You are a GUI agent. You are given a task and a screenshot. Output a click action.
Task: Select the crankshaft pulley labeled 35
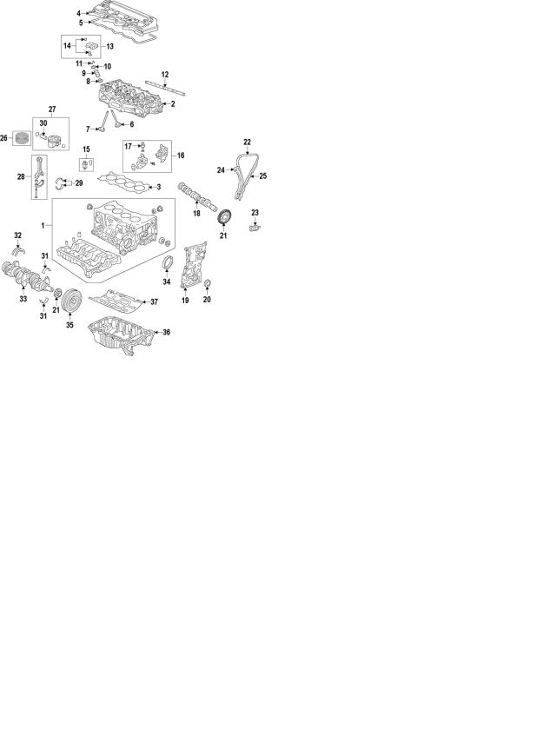tap(72, 301)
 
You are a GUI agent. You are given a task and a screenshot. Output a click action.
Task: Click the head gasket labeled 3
tap(125, 183)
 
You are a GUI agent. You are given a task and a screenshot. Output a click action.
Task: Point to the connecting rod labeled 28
tap(39, 176)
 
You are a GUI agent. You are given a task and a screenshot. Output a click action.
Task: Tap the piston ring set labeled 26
tap(21, 138)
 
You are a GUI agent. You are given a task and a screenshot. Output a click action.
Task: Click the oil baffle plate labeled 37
tap(116, 301)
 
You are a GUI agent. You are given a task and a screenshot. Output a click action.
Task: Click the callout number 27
tap(52, 109)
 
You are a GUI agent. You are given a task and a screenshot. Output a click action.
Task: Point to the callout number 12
tap(165, 75)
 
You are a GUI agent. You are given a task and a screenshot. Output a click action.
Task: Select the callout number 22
tap(247, 142)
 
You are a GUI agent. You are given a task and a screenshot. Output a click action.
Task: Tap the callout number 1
tap(43, 226)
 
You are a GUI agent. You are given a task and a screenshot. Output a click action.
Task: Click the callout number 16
tap(181, 156)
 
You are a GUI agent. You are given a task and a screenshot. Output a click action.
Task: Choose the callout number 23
tap(255, 213)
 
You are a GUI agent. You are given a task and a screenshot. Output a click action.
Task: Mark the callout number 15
tap(86, 149)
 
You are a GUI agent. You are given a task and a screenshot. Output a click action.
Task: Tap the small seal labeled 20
tap(207, 283)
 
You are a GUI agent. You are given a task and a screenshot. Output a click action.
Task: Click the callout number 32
tap(18, 235)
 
